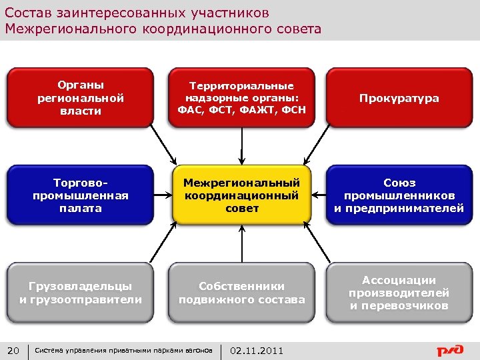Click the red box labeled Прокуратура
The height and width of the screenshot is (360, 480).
pyautogui.click(x=399, y=98)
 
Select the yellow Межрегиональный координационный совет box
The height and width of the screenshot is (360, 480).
pyautogui.click(x=241, y=195)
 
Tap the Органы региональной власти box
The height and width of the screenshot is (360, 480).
pyautogui.click(x=81, y=98)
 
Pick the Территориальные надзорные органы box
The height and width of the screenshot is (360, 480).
pyautogui.click(x=241, y=98)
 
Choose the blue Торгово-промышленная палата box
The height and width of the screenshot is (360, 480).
pyautogui.click(x=81, y=195)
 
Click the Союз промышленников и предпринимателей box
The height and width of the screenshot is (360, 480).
pyautogui.click(x=399, y=195)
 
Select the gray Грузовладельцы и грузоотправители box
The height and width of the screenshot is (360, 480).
pyautogui.click(x=81, y=293)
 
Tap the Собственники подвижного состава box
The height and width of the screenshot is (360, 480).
pyautogui.click(x=241, y=293)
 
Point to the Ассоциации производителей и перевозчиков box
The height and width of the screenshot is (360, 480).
pyautogui.click(x=399, y=293)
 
